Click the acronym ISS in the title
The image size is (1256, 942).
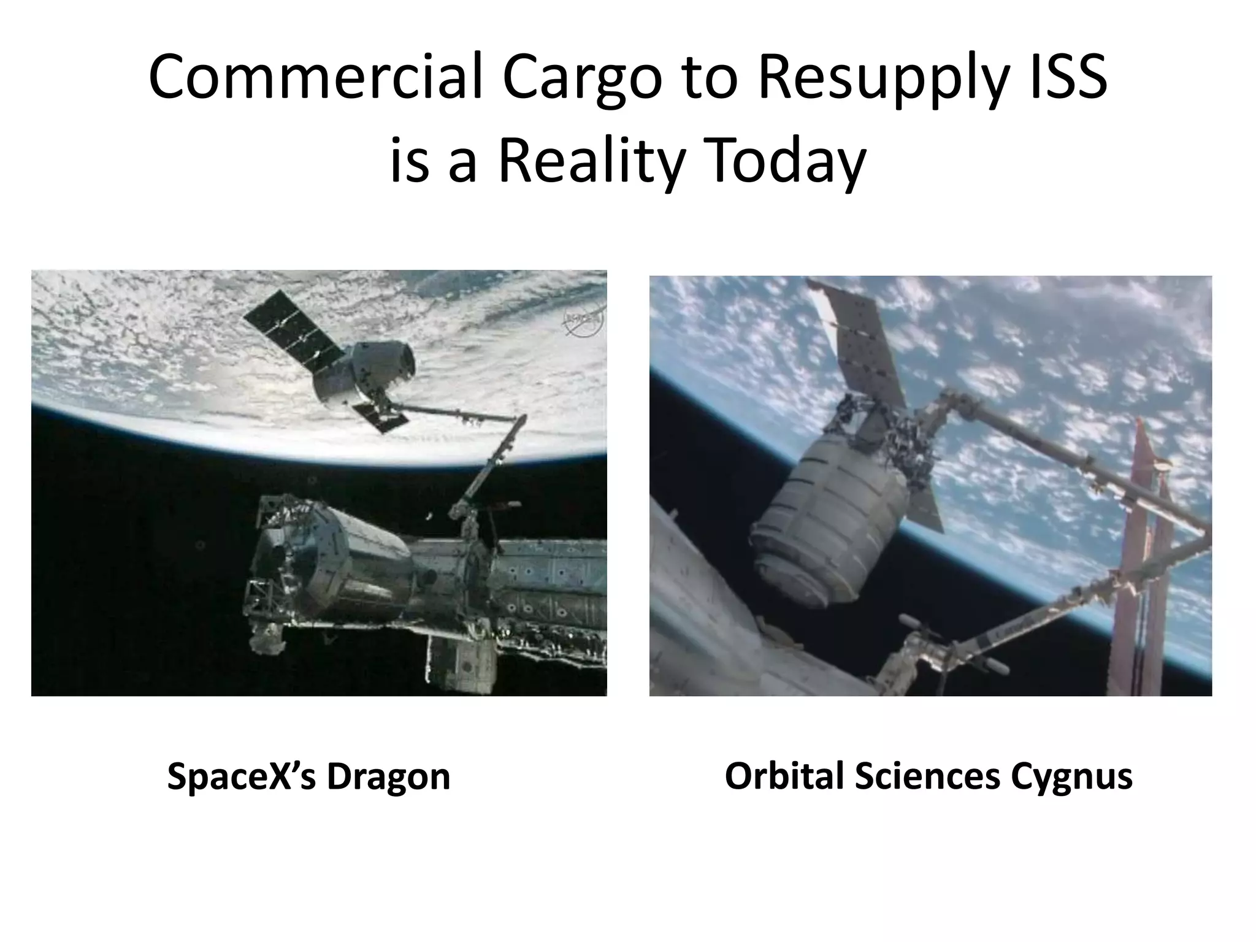1068,78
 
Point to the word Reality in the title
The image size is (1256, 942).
589,161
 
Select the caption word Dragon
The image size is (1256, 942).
388,776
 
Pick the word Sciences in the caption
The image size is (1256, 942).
927,776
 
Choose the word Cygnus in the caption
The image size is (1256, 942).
1071,776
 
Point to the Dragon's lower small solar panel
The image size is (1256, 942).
381,418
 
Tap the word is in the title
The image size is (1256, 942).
409,161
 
